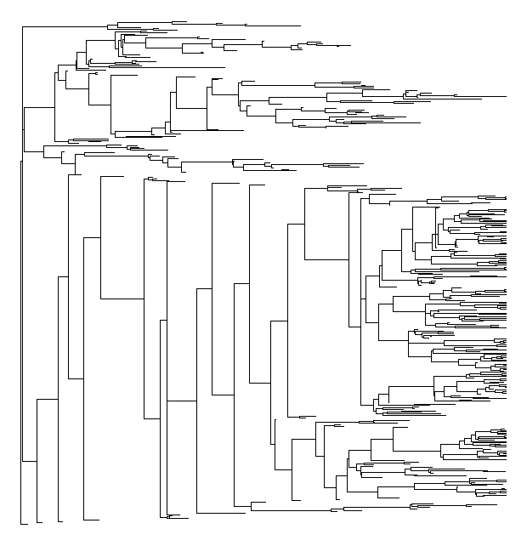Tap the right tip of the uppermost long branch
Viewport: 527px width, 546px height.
pyautogui.click(x=300, y=26)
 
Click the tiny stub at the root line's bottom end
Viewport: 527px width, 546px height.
pyautogui.click(x=25, y=524)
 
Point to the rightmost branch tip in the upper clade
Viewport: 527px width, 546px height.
pyautogui.click(x=505, y=97)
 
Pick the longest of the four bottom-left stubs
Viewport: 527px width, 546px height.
pyautogui.click(x=91, y=520)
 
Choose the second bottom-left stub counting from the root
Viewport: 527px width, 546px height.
pyautogui.click(x=39, y=520)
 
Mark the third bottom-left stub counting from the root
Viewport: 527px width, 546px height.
pyautogui.click(x=60, y=520)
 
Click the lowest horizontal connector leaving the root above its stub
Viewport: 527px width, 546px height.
pyautogui.click(x=29, y=461)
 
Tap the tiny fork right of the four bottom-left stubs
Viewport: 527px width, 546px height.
pyautogui.click(x=177, y=515)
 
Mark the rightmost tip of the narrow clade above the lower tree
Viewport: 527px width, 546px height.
pyautogui.click(x=363, y=164)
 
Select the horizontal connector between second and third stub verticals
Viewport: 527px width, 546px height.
pyautogui.click(x=47, y=399)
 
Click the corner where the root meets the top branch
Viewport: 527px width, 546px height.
pyautogui.click(x=22, y=26)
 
